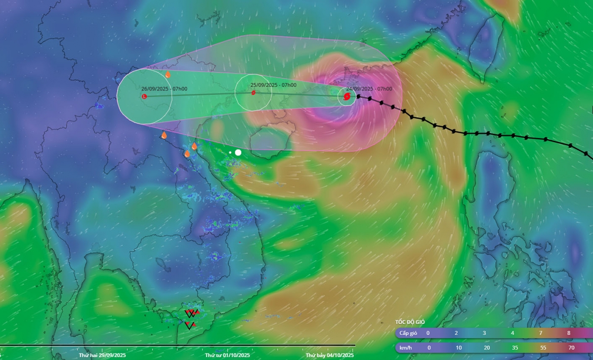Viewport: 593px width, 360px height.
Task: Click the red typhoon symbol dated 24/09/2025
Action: tap(346, 96)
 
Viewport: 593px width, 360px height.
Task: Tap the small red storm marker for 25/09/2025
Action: tap(253, 92)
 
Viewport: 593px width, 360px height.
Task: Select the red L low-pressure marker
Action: tap(144, 96)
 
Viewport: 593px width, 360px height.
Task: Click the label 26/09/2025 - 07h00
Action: tap(164, 89)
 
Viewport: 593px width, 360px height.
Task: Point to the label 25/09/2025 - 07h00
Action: tap(273, 85)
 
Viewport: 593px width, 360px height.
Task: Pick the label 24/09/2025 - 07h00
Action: tap(369, 89)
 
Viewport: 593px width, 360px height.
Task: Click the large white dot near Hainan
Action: tap(238, 153)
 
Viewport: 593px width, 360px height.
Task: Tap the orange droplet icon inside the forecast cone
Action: tap(168, 75)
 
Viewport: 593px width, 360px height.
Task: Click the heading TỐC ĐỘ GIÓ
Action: tap(410, 321)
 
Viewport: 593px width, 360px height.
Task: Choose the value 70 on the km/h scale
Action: tap(571, 348)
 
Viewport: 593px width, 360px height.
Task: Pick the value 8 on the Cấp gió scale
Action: tap(569, 333)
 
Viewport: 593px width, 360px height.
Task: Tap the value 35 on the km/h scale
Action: tap(514, 348)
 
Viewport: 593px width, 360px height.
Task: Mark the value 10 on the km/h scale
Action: tap(459, 348)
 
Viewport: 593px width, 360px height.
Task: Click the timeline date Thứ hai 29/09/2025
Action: tap(102, 355)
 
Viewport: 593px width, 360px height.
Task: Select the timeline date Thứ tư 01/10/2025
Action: tap(227, 355)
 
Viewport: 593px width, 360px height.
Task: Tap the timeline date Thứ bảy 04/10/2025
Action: tap(330, 355)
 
